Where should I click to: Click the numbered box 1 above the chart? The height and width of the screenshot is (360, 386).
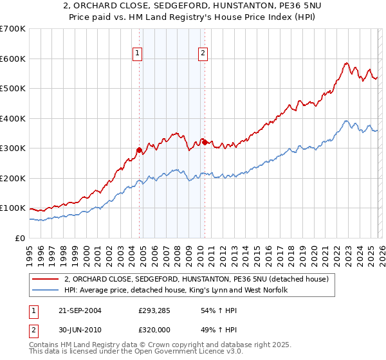point(138,54)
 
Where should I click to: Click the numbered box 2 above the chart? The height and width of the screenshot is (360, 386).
point(203,54)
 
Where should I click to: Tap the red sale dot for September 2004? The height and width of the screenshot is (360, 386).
point(140,150)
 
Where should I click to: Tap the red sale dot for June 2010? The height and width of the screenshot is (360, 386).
point(205,142)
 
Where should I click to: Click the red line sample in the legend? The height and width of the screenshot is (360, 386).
point(46,279)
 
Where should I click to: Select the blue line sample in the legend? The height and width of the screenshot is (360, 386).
point(46,290)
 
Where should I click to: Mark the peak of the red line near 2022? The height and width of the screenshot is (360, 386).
point(346,63)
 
